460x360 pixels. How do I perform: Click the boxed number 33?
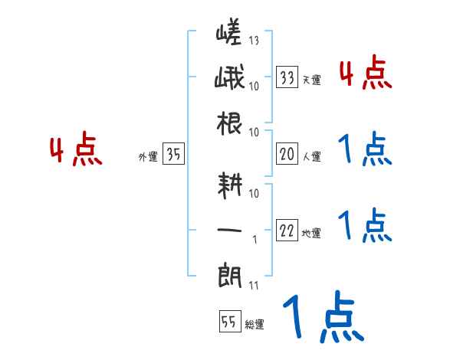tap(287, 77)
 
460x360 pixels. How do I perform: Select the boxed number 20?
tap(287, 155)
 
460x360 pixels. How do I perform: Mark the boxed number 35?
tap(173, 155)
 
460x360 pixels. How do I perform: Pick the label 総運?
tap(255, 325)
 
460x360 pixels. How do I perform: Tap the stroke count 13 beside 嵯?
tap(254, 39)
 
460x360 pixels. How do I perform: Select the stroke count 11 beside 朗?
tap(254, 286)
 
